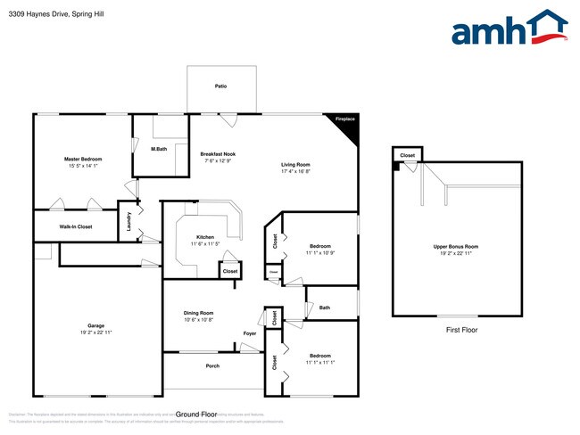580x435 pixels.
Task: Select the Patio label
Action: (x=220, y=86)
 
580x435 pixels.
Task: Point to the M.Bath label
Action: (x=159, y=148)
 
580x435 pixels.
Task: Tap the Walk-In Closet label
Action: (x=76, y=226)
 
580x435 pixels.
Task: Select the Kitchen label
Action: (x=205, y=237)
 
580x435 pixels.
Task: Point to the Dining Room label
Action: (x=199, y=313)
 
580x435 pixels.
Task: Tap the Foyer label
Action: (x=250, y=333)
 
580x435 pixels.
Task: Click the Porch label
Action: (x=212, y=365)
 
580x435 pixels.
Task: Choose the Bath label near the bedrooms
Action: (x=324, y=308)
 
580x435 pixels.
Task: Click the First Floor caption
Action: (x=462, y=330)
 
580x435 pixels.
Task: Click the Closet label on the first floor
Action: (x=408, y=155)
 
